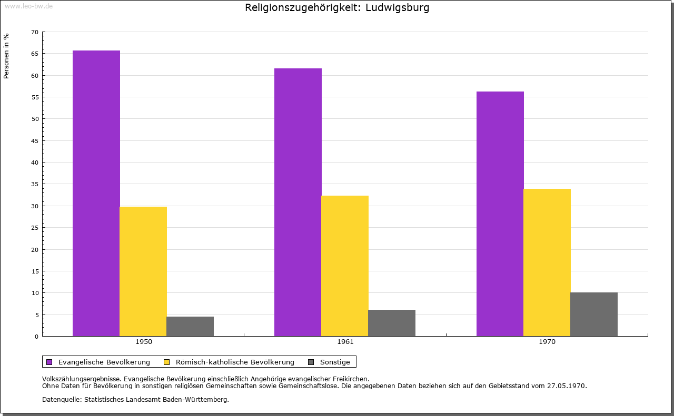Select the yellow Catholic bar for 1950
143,271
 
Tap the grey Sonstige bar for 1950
190,326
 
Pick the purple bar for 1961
298,202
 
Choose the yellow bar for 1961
345,266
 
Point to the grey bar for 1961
392,323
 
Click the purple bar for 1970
500,214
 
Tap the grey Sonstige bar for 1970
594,314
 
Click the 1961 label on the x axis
345,342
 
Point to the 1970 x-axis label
547,342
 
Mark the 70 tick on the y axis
35,32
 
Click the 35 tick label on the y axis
35,184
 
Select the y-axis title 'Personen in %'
6,56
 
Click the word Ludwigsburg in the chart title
397,8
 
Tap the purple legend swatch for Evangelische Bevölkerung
49,362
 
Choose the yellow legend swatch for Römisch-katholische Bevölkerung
167,362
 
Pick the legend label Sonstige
335,362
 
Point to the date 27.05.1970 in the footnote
568,385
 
